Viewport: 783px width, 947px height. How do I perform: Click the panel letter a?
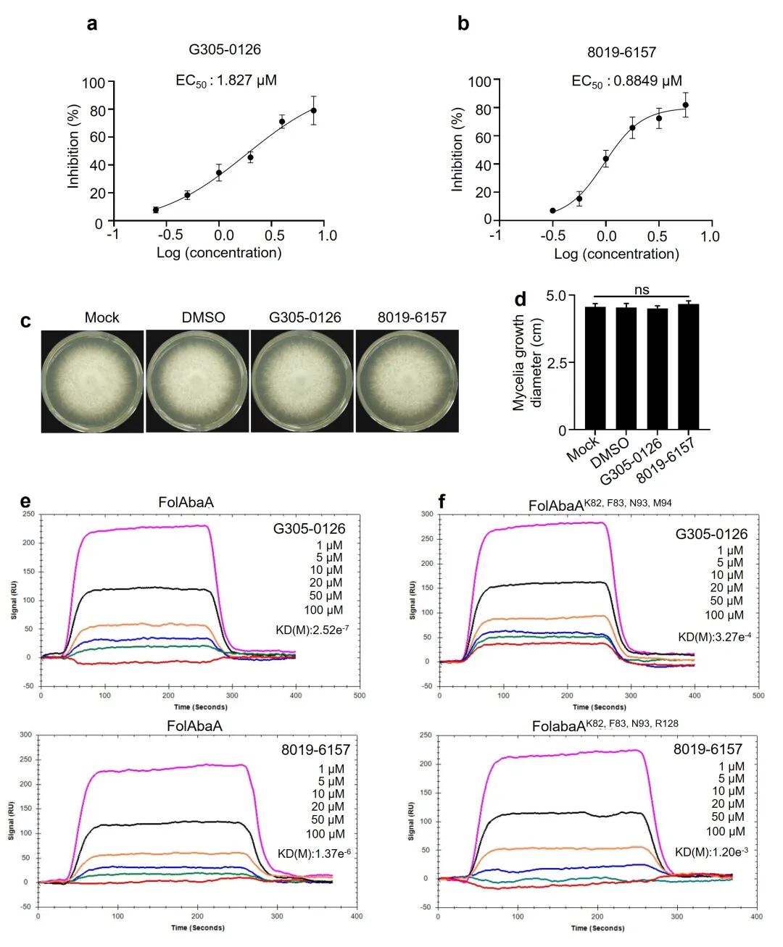92,24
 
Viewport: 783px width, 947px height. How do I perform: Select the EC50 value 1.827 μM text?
226,80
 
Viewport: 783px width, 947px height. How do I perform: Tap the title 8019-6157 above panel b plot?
621,52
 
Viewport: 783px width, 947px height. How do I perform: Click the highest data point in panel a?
314,110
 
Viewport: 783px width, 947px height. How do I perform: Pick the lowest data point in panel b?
552,211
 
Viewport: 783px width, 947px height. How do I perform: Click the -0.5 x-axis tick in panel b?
552,236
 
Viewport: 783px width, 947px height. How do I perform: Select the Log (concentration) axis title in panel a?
219,253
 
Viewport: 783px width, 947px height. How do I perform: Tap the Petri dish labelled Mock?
92,381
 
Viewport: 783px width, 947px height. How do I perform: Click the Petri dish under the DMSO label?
197,381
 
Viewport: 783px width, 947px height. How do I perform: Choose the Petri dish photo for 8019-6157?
407,381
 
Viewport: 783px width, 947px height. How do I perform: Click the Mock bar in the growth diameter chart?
595,369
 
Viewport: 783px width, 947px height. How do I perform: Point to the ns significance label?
642,290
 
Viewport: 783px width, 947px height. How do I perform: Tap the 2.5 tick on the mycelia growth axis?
557,363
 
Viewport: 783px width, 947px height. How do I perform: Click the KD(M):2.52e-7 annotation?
312,630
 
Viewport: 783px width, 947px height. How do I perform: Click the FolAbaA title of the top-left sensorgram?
186,502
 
